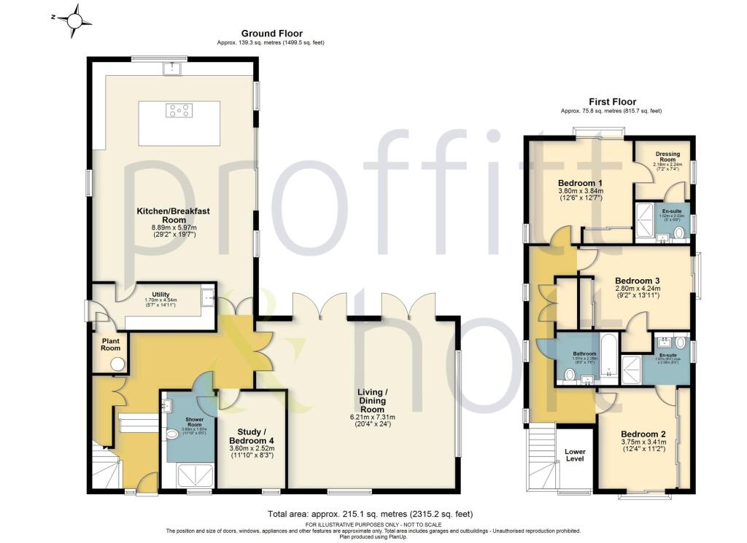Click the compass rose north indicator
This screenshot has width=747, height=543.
pyautogui.click(x=75, y=20)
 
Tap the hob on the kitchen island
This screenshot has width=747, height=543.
pyautogui.click(x=179, y=111)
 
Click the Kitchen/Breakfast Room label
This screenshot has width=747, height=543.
pyautogui.click(x=174, y=216)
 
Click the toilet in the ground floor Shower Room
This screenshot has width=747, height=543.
pyautogui.click(x=172, y=435)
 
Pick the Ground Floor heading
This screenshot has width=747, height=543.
pyautogui.click(x=271, y=34)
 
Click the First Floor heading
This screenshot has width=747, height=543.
pyautogui.click(x=613, y=102)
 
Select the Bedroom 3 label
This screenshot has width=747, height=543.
pyautogui.click(x=637, y=281)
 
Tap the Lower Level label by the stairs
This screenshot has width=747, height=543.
pyautogui.click(x=575, y=456)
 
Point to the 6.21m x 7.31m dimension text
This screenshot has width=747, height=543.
pyautogui.click(x=378, y=417)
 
